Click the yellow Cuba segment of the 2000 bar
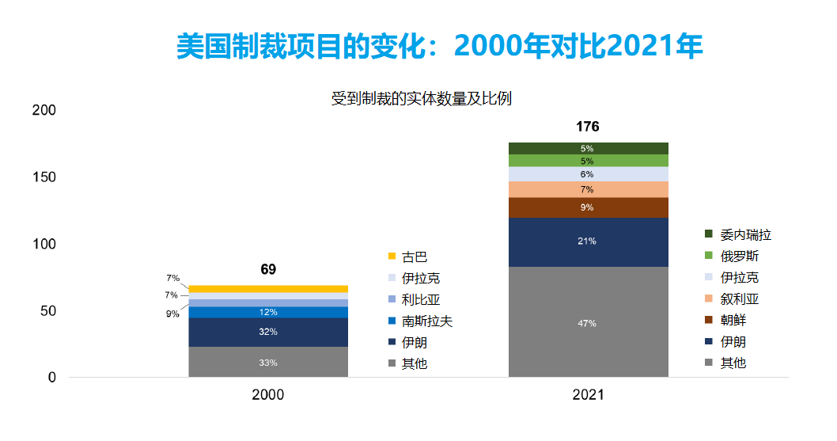point(268,289)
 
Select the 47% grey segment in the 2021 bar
point(588,322)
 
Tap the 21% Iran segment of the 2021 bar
point(588,241)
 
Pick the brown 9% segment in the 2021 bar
point(588,207)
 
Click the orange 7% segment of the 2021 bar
point(588,189)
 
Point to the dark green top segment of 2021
point(588,148)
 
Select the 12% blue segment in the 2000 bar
point(268,312)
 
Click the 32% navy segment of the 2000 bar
point(268,332)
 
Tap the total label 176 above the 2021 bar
point(588,127)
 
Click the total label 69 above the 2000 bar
point(268,270)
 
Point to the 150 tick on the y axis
point(45,177)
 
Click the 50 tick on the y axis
point(48,311)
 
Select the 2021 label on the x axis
point(588,394)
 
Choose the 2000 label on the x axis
point(268,394)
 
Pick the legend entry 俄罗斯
point(739,256)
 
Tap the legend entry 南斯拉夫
point(426,321)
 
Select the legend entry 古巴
point(415,257)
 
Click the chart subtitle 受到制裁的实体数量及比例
point(422,99)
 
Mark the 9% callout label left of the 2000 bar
point(172,314)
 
